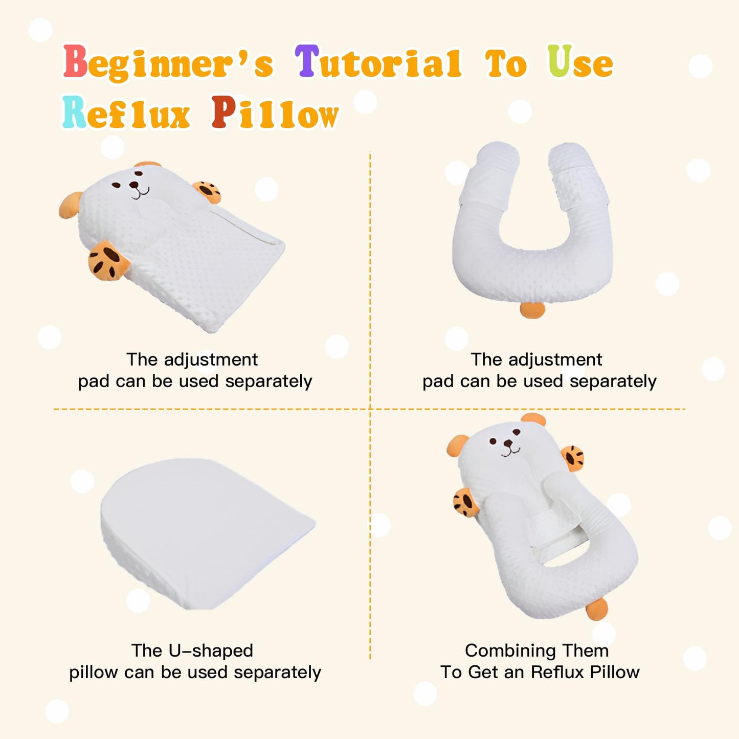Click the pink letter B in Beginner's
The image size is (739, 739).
(75, 61)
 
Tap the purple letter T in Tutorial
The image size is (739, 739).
(307, 60)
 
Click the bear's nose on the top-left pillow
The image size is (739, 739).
(134, 185)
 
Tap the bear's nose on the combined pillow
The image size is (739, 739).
(508, 443)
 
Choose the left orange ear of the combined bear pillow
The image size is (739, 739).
(457, 446)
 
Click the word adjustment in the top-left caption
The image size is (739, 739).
(211, 360)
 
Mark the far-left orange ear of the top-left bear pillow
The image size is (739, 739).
(70, 205)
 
